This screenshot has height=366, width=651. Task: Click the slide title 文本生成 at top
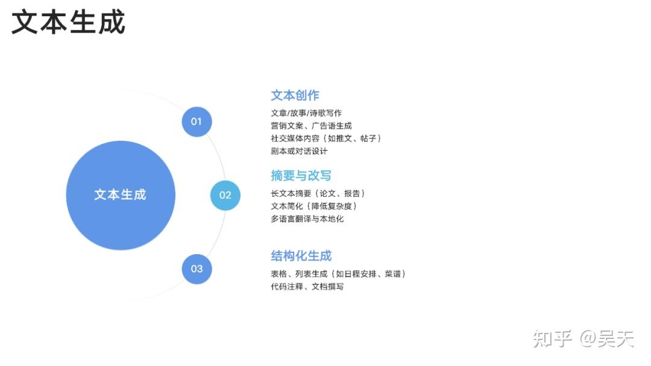(68, 22)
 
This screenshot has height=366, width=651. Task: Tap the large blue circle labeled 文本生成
(121, 195)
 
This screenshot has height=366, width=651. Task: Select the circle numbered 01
(197, 122)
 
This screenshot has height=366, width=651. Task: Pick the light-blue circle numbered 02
(225, 195)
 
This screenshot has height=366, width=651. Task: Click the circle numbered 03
(197, 269)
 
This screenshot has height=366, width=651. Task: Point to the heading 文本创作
(295, 95)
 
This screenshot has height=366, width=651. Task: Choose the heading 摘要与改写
(301, 176)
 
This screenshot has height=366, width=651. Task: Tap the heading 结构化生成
(301, 256)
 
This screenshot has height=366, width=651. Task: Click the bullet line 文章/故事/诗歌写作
(306, 113)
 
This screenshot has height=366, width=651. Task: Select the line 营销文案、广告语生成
(311, 126)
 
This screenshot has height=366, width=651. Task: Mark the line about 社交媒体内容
(326, 138)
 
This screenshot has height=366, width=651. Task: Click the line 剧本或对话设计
(299, 151)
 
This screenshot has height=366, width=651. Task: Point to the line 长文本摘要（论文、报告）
(318, 194)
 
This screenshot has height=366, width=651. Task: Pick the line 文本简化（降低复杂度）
(314, 206)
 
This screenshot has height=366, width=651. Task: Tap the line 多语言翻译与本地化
(307, 219)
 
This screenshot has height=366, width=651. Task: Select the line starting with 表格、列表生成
(338, 274)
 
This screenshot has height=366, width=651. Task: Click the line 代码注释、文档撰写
(307, 287)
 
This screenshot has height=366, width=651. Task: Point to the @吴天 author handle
(607, 339)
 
